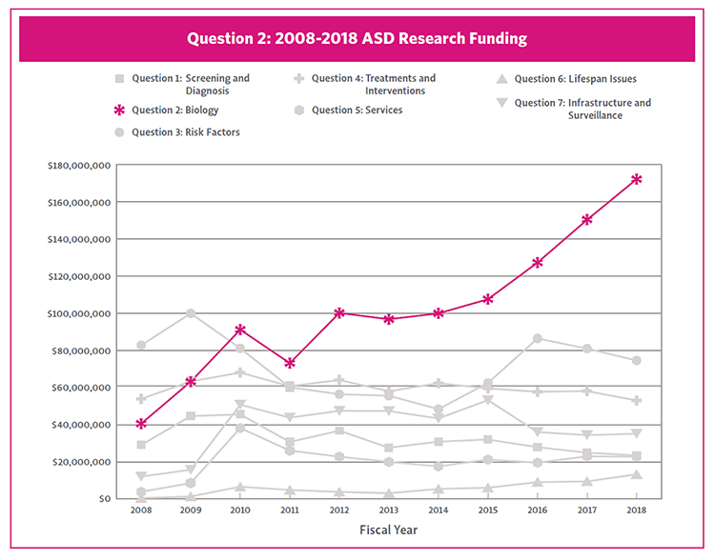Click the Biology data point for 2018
(x=637, y=179)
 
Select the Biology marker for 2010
(x=240, y=330)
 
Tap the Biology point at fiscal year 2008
(x=141, y=424)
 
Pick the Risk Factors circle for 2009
(x=191, y=313)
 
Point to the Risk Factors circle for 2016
(x=538, y=339)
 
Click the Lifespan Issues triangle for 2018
(x=637, y=474)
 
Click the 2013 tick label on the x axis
(x=389, y=511)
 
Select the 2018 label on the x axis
(x=637, y=511)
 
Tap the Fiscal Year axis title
(x=389, y=530)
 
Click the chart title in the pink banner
(x=357, y=39)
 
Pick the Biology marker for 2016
(x=538, y=263)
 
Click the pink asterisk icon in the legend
(x=119, y=110)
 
